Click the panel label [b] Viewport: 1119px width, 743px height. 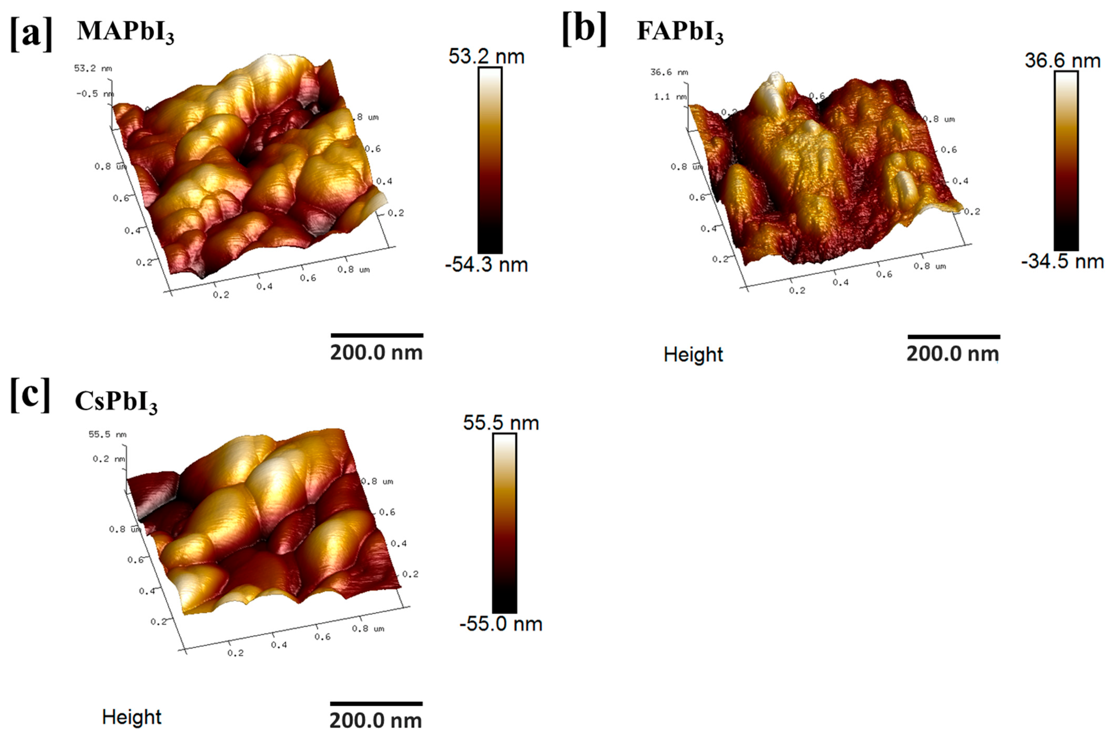[x=584, y=29]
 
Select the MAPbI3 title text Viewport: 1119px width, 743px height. [x=125, y=32]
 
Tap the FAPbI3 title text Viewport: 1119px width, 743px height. [x=680, y=32]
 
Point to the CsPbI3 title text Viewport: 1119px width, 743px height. [x=116, y=402]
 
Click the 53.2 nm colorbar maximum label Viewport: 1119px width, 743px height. [x=486, y=57]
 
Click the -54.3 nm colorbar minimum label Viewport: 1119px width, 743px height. [x=486, y=264]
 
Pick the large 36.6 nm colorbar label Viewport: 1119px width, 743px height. [x=1062, y=61]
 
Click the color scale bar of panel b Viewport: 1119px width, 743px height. [x=1066, y=161]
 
